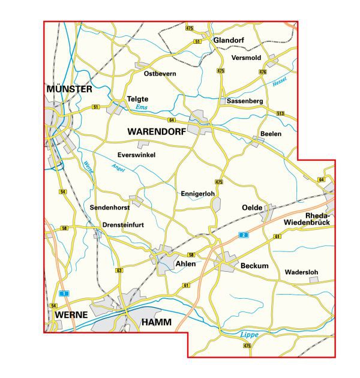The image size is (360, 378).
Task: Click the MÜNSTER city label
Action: point(69,89)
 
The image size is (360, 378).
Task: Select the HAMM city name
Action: point(156,322)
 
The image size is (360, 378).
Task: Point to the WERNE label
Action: point(71,314)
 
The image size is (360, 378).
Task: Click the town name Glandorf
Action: point(231,40)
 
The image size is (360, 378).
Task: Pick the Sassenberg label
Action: point(245,101)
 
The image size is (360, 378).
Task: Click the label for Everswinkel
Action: point(137,155)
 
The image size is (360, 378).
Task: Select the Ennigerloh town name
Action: point(197,194)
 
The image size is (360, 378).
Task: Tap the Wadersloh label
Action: point(301,272)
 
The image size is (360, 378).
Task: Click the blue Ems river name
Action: point(141,107)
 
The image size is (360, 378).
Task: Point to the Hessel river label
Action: point(280,81)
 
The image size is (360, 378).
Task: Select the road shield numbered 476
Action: point(262,71)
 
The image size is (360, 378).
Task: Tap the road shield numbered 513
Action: point(280,113)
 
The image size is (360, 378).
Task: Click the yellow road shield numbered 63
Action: point(119,271)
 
